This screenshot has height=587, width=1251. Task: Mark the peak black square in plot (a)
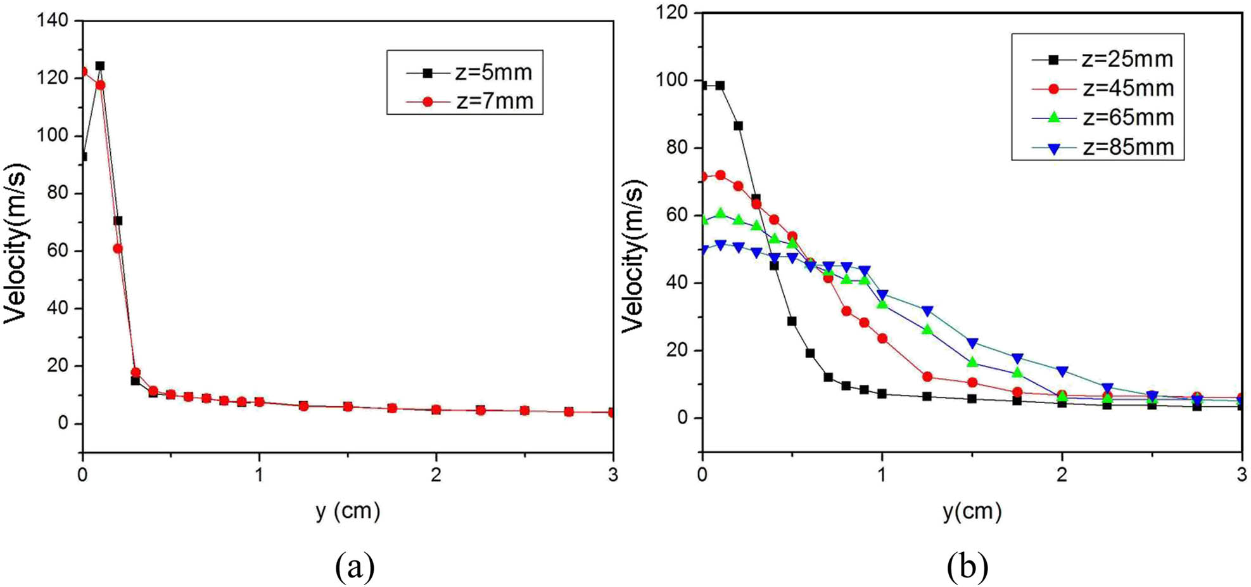tap(100, 66)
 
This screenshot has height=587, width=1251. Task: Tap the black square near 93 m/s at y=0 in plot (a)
tap(83, 157)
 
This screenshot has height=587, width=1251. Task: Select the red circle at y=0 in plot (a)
tap(83, 72)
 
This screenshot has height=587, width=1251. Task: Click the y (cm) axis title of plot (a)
tap(348, 511)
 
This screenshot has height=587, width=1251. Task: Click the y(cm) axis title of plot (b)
tap(972, 511)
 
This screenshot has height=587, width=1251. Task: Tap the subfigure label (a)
tap(354, 567)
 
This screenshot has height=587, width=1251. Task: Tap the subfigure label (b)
tap(967, 567)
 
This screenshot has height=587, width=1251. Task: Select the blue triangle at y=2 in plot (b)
tap(1062, 371)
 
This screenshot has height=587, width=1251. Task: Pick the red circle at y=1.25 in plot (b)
tap(927, 377)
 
